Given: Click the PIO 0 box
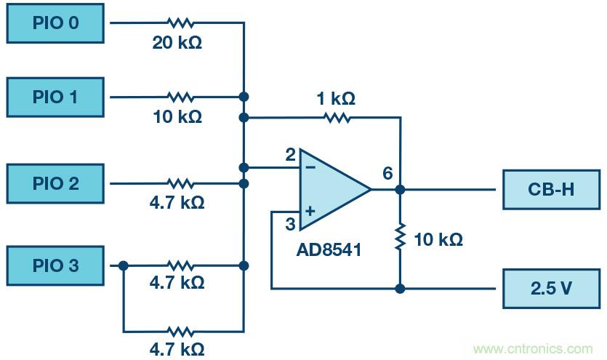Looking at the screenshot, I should tap(55, 23).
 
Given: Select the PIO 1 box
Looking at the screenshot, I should tap(55, 97).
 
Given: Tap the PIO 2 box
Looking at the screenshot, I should tap(55, 183).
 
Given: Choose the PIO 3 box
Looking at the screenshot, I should tap(55, 265).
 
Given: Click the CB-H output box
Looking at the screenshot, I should tap(550, 190).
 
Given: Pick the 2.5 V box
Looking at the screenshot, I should tap(550, 287).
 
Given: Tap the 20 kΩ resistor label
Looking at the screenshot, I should tap(177, 43).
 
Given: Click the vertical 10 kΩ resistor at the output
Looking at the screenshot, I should tap(400, 238).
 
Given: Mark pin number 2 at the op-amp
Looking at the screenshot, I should tap(289, 155).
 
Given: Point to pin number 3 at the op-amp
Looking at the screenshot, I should tap(289, 225).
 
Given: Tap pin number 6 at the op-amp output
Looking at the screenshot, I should tap(387, 173).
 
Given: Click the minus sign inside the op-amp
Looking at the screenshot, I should tap(310, 167).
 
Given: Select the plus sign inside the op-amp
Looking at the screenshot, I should tap(310, 212).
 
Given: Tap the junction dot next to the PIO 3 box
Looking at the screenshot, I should tap(124, 266).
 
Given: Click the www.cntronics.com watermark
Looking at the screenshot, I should tap(533, 349).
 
